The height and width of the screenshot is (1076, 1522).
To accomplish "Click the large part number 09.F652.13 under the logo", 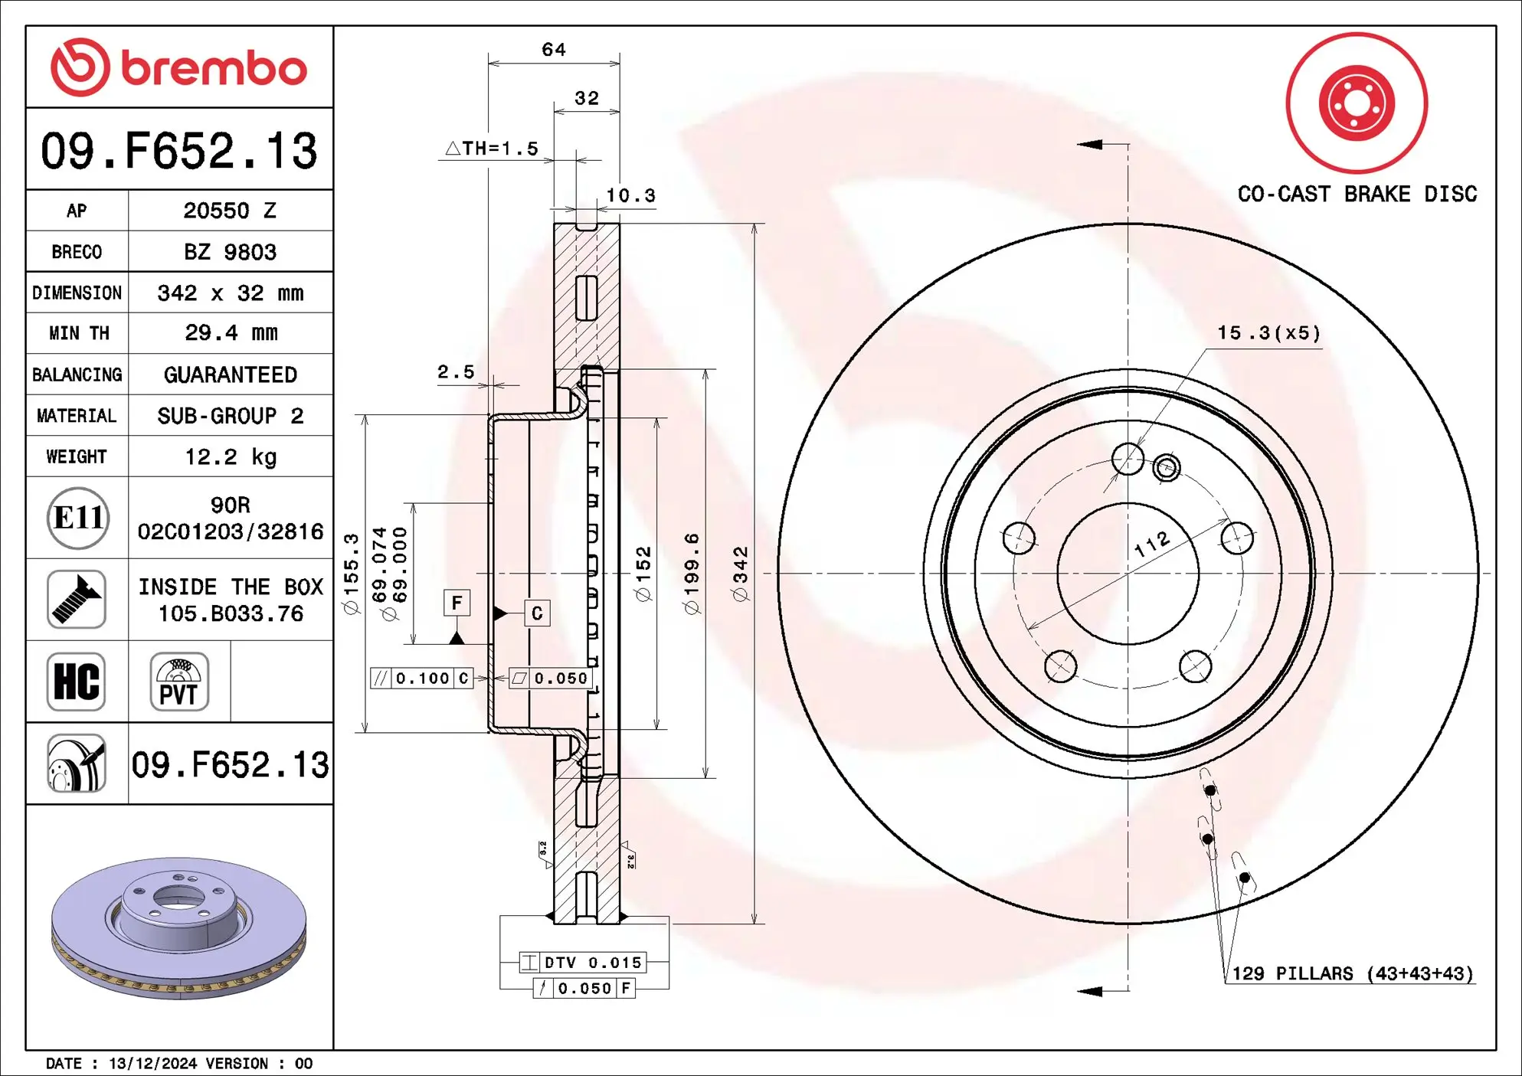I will tap(179, 151).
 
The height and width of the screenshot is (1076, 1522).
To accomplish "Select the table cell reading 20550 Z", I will tap(230, 211).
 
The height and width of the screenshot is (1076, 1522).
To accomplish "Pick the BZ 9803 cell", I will tap(230, 252).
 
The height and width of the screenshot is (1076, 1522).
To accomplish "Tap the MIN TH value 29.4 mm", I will tap(230, 333).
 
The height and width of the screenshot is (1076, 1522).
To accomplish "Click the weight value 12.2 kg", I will tap(230, 457).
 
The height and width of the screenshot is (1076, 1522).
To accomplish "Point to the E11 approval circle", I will tap(77, 518).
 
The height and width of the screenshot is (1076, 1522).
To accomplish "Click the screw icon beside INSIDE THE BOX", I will tap(76, 600).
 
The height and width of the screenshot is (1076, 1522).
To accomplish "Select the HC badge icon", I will tap(76, 682).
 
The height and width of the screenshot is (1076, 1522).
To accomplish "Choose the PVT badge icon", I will tap(179, 682).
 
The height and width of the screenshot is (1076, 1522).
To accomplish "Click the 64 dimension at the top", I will tap(554, 50).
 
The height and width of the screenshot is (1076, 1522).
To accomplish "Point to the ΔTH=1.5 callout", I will tap(493, 149).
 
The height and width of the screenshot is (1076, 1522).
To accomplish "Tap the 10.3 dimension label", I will tap(630, 196).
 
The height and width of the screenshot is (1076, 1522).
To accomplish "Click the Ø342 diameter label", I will tap(740, 574).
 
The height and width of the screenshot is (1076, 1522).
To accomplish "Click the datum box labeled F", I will tap(457, 603).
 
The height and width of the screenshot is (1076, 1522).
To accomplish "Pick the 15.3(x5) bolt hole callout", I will tap(1269, 333).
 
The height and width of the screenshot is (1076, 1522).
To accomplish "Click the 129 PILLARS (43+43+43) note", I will tap(1352, 973).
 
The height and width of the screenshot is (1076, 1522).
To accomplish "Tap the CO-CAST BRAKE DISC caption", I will tap(1357, 194).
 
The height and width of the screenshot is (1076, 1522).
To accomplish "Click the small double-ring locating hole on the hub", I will tap(1167, 467).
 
